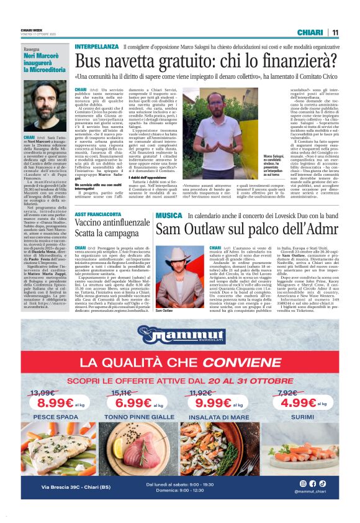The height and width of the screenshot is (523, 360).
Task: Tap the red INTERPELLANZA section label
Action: [96, 47]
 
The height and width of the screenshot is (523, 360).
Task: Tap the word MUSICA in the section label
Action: [169, 216]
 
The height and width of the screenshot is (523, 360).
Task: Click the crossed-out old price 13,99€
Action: [43, 393]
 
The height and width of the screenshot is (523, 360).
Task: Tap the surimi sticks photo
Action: [303, 452]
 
